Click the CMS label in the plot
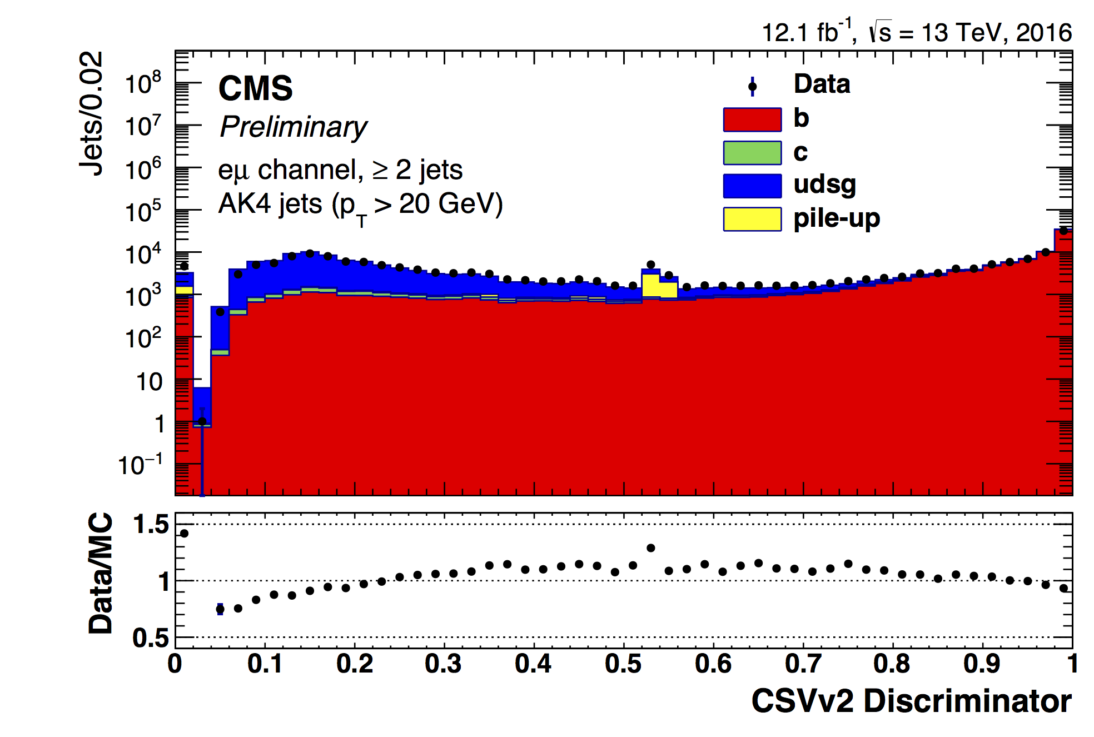(x=255, y=88)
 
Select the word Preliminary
(x=293, y=127)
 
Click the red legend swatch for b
(x=752, y=119)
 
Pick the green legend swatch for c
(x=752, y=153)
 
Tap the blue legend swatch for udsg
(x=752, y=186)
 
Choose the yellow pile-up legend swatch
(x=752, y=219)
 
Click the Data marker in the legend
(x=752, y=86)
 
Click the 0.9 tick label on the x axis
(x=982, y=664)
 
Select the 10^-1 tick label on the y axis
(x=140, y=465)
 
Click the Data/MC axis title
(x=101, y=573)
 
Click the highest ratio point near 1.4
(x=185, y=534)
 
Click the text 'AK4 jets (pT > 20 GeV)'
(x=360, y=205)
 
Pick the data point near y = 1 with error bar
(x=202, y=421)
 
